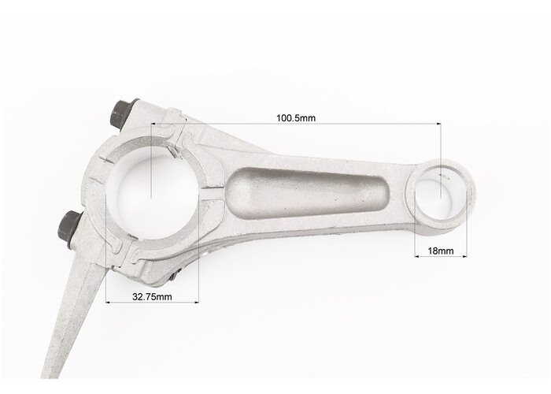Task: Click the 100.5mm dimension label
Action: [x=296, y=118]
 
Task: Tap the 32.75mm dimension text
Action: [x=152, y=296]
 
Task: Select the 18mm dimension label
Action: [x=440, y=251]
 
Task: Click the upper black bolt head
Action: [x=123, y=112]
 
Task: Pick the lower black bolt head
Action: [x=70, y=227]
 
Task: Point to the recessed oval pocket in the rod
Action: [x=309, y=193]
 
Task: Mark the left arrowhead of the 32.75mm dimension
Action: [x=108, y=302]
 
